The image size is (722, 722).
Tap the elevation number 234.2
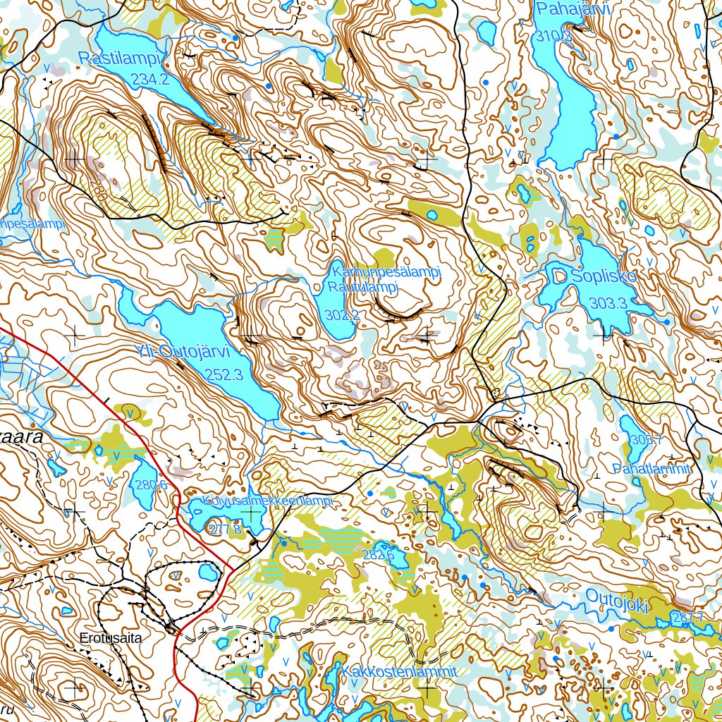(x=150, y=80)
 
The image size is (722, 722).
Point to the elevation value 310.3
(x=553, y=37)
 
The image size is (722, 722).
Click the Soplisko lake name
(x=604, y=277)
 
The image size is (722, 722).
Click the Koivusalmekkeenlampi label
(x=267, y=501)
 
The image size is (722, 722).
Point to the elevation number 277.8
(x=224, y=529)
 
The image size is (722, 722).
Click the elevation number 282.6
(x=378, y=555)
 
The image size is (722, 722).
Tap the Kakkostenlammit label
(x=400, y=671)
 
